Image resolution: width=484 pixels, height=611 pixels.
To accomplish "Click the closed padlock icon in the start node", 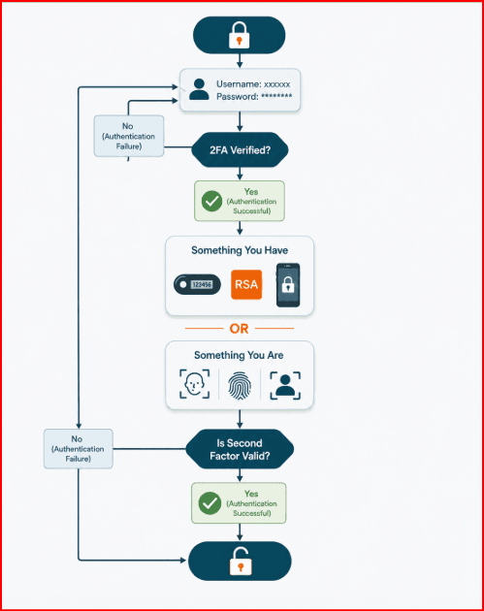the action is point(239,35).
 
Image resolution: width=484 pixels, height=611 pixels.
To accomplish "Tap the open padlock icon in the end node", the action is point(241,562).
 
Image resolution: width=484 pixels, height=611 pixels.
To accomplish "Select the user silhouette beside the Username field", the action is point(199,89).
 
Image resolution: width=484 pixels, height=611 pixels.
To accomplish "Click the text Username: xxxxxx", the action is point(253,84).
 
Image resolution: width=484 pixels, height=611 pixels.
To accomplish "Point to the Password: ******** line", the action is point(254,97).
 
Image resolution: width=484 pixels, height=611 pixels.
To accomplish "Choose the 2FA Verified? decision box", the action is point(240,150).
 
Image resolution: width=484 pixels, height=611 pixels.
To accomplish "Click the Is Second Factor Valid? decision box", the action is point(240,449).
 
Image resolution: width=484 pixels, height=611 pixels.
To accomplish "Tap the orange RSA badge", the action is point(246,284).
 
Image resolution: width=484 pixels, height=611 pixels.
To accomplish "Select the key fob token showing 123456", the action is point(197,284).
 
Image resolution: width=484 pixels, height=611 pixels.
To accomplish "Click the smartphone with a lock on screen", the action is point(288,285).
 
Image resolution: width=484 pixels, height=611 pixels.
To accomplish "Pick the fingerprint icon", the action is point(240,385).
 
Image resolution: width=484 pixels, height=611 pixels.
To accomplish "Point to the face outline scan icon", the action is point(194,384).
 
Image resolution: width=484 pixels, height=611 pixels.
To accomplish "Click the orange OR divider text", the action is point(239,329).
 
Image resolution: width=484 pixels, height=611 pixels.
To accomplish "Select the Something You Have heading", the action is point(240,250).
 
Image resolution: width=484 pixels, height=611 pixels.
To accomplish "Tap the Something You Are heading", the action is point(239,355).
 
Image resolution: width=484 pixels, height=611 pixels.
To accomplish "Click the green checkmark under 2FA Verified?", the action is point(211,201).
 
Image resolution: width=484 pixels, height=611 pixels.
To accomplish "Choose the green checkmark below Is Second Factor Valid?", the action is point(210,503).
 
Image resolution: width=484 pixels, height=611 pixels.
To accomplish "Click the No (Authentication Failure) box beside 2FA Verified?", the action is point(129,137).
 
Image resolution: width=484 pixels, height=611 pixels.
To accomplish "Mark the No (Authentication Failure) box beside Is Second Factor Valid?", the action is point(79,449).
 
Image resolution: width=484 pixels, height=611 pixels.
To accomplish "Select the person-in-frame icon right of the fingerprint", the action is point(285,385).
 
